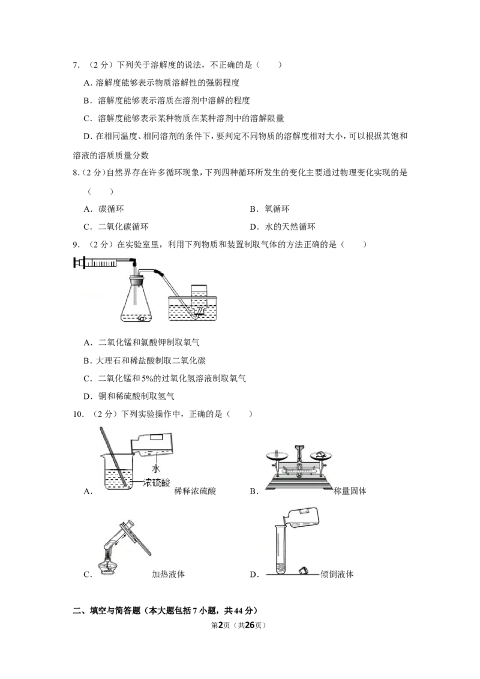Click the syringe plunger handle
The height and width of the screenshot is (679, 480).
[76, 262]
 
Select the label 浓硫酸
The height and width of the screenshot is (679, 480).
[158, 482]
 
